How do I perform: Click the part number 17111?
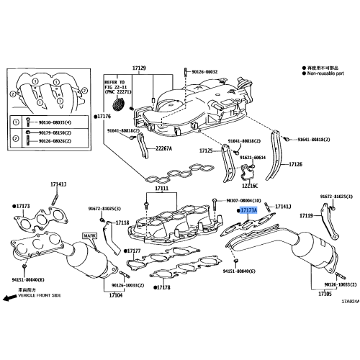tap(159, 188)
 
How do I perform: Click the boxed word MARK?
tap(89, 235)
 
